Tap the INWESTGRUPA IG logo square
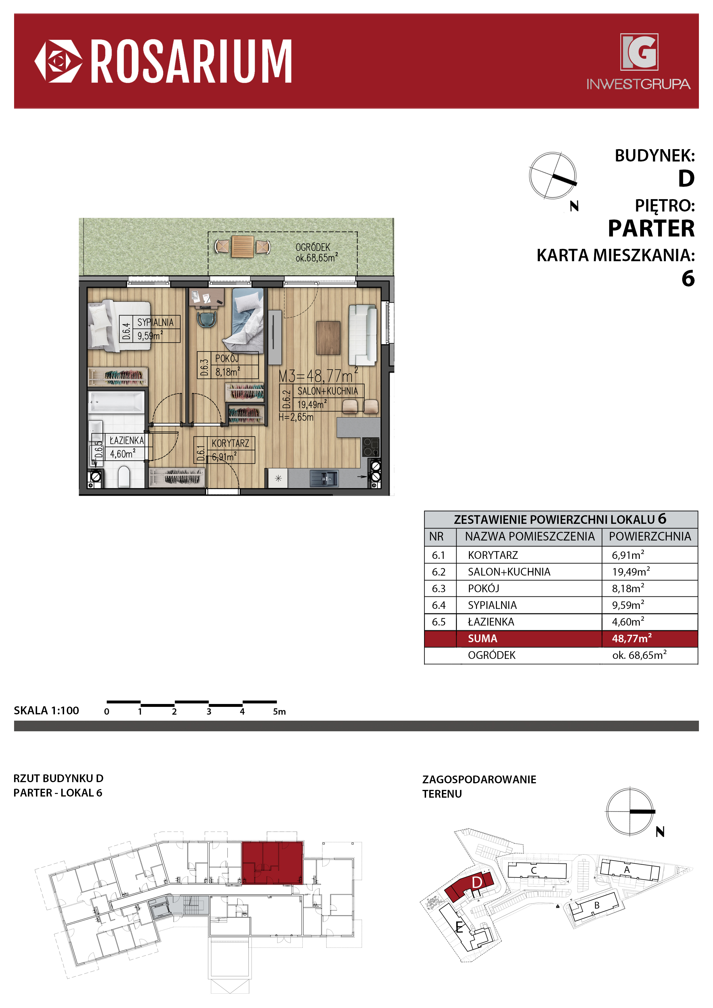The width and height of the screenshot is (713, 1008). [x=639, y=52]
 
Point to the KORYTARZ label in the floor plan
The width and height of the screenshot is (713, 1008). [x=230, y=443]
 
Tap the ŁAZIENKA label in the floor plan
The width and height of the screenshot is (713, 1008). [x=126, y=440]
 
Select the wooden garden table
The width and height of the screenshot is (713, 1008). [x=243, y=247]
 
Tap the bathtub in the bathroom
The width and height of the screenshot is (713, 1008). [x=117, y=402]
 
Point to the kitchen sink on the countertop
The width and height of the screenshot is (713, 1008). [x=324, y=478]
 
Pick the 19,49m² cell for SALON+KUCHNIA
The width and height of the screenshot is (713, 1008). [x=631, y=572]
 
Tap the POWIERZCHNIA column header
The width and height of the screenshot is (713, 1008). [x=650, y=536]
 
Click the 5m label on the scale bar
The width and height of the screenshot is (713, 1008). [x=279, y=712]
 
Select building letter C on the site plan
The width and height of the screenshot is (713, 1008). [x=534, y=871]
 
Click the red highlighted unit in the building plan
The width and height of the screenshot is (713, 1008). [x=272, y=863]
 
